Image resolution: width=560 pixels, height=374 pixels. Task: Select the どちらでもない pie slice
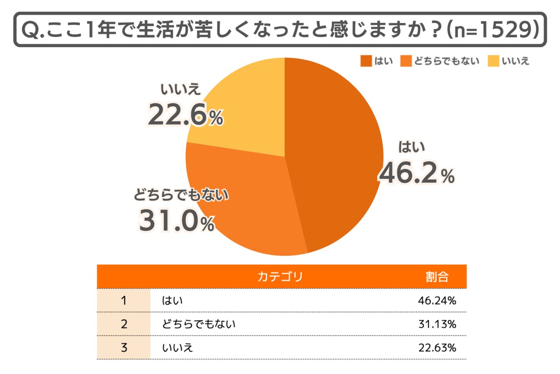247,206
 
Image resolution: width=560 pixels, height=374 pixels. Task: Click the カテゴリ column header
280,276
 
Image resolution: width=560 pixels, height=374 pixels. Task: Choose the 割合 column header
437,276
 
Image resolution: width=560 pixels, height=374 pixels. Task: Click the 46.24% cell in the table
437,301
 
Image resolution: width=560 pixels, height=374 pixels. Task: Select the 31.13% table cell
437,324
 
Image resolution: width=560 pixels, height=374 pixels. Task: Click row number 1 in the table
124,301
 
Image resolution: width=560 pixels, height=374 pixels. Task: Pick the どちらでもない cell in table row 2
199,324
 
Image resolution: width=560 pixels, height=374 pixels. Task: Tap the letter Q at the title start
29,30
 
